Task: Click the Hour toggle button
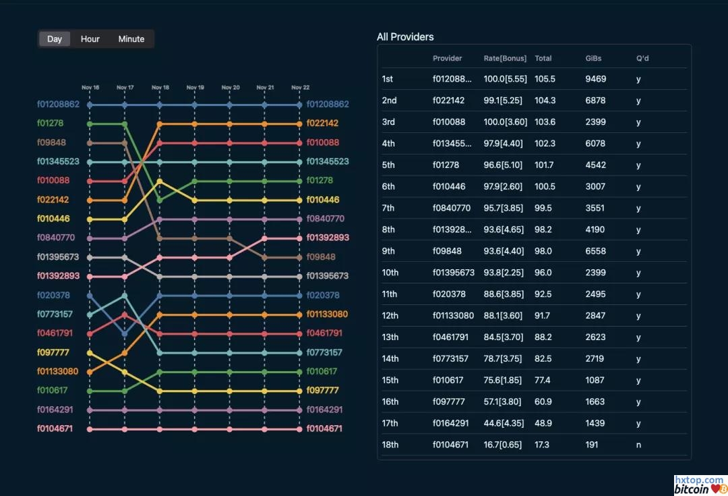coord(90,39)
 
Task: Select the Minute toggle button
coord(131,39)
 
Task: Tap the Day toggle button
coord(55,39)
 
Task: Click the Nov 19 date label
coord(195,88)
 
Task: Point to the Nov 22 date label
coord(301,88)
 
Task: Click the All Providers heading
coord(405,37)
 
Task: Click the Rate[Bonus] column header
coord(505,59)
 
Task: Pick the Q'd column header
coord(642,59)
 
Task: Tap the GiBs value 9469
coord(596,79)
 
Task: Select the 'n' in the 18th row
coord(638,445)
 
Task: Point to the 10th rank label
coord(390,273)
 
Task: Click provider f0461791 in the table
coord(451,337)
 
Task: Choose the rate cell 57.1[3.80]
coord(505,402)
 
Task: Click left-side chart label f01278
coord(51,123)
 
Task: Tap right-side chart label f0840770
coord(326,219)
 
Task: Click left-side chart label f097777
coord(53,352)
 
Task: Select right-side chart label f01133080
coord(328,314)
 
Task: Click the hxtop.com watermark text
coord(699,480)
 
